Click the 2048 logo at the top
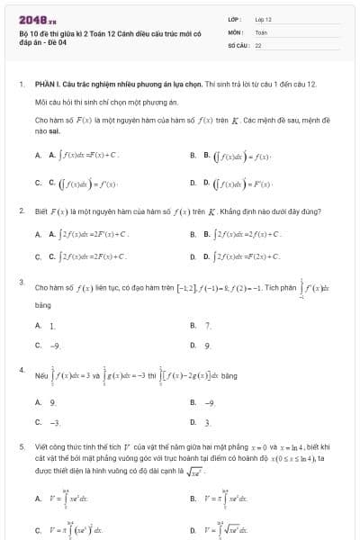(31, 19)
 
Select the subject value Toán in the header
(262, 31)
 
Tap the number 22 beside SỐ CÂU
(258, 44)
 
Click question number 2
(21, 211)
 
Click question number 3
(21, 283)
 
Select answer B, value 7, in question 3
(208, 325)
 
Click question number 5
(21, 445)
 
